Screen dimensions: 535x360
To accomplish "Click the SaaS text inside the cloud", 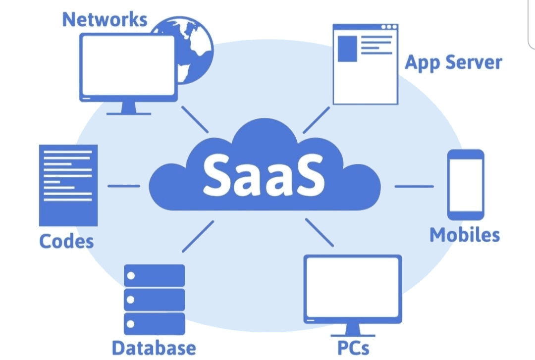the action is [264, 175].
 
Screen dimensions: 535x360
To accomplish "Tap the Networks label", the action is [105, 19].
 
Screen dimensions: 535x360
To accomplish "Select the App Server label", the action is [453, 62].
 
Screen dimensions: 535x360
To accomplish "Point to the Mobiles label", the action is [465, 235].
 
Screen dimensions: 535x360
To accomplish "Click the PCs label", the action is [353, 348].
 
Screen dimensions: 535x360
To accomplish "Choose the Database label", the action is [154, 348].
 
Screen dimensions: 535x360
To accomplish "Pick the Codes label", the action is [66, 241].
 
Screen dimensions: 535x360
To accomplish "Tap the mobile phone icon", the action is [466, 185].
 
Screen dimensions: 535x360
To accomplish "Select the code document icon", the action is [68, 185].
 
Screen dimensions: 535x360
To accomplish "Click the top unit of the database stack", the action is [154, 275].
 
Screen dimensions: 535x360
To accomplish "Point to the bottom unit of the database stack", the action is [154, 324].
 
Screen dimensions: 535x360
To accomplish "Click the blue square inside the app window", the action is [347, 49].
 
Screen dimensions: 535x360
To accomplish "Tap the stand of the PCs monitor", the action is [353, 330].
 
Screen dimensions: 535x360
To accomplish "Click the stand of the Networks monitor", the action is [129, 108].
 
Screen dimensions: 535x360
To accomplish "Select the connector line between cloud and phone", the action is [414, 186].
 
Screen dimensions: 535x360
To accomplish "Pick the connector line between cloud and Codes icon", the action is [124, 186].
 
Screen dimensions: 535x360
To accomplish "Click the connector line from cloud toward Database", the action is [198, 237].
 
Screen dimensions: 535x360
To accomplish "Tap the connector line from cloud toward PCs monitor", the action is [320, 232].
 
